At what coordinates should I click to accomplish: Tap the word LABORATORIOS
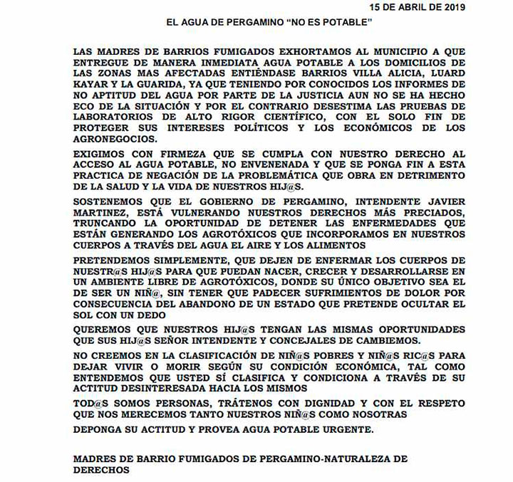(115, 112)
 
